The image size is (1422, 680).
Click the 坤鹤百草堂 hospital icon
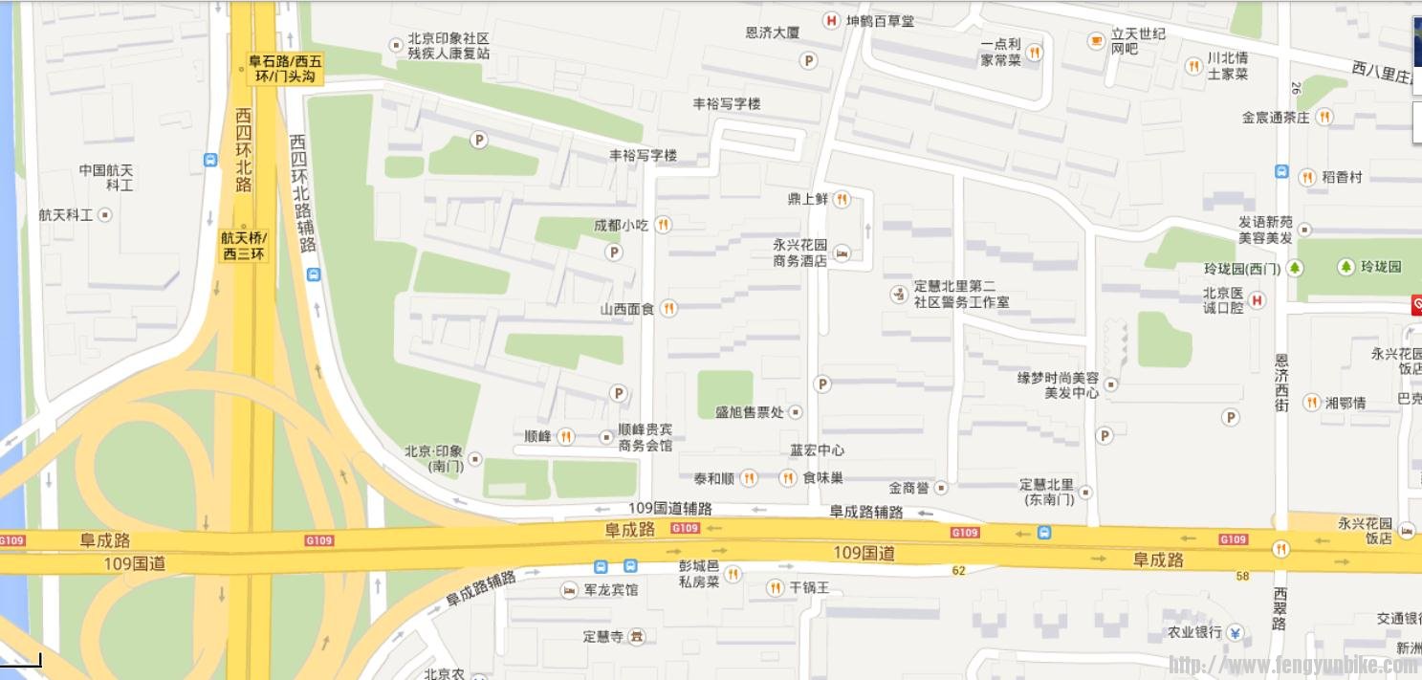(x=831, y=20)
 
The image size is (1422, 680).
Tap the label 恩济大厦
(x=772, y=33)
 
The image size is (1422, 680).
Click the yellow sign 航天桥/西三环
(x=244, y=246)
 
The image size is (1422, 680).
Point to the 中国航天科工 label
(x=106, y=177)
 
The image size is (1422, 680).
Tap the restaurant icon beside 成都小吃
(x=663, y=225)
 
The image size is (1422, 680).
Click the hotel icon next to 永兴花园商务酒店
(x=842, y=253)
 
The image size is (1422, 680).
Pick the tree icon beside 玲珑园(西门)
(x=1295, y=268)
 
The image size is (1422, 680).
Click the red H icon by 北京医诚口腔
(x=1258, y=300)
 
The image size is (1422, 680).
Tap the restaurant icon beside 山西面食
(x=668, y=308)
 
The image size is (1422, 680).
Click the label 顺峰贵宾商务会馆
(x=645, y=438)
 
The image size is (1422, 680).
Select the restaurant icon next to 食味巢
(x=788, y=477)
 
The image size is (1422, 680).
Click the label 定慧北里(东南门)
(x=1046, y=492)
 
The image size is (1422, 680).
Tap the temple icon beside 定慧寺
(x=637, y=636)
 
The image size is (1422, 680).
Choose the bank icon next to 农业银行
(x=1235, y=632)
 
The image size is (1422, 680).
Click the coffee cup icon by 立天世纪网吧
(x=1096, y=40)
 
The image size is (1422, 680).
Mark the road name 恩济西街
(x=1281, y=383)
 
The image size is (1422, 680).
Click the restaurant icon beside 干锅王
(x=776, y=587)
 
